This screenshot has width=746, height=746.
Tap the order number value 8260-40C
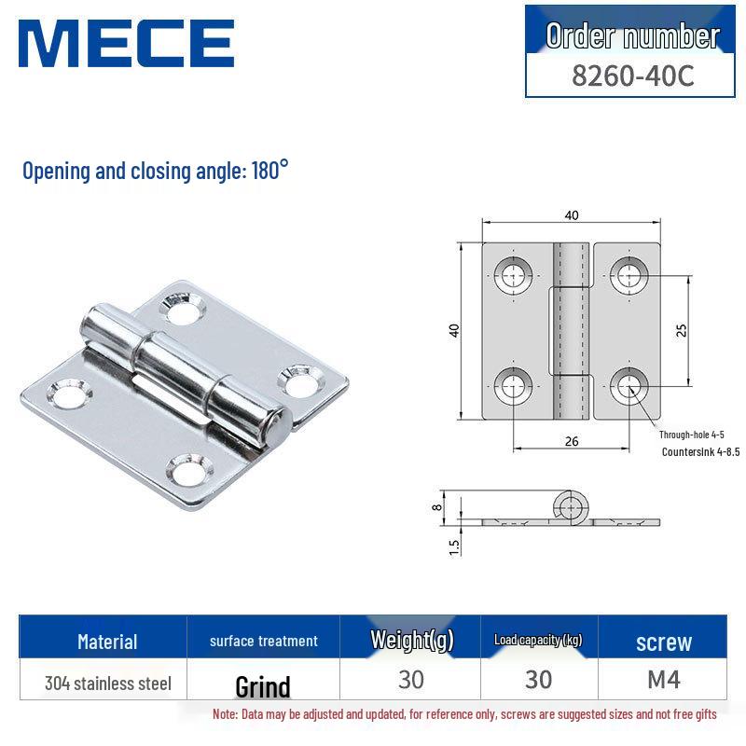click(x=632, y=76)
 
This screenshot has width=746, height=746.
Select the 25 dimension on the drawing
click(x=682, y=330)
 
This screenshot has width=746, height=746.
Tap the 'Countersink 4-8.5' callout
click(x=700, y=452)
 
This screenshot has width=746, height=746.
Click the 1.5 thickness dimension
click(x=455, y=546)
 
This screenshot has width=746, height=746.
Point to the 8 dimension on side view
click(x=435, y=506)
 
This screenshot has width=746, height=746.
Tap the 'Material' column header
click(x=107, y=642)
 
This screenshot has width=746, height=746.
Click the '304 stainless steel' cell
click(x=108, y=684)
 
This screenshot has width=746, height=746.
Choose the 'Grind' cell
click(x=263, y=687)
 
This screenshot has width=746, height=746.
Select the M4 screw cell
click(x=664, y=680)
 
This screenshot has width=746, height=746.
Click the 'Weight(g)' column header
click(x=410, y=640)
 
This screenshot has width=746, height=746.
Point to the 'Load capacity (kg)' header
click(x=538, y=640)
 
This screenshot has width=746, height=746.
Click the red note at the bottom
click(x=464, y=714)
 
